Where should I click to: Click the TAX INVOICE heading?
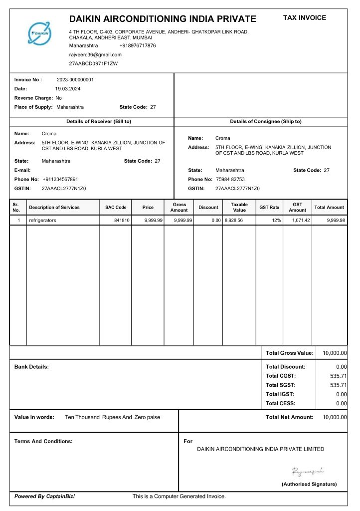click(x=305, y=17)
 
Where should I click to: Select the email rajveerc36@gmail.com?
click(x=95, y=54)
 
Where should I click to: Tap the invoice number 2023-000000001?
click(x=75, y=79)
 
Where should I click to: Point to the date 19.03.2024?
click(x=68, y=88)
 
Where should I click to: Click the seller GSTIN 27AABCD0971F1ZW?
click(x=93, y=63)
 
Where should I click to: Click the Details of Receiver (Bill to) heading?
click(x=99, y=121)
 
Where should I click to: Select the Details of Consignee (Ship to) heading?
click(x=266, y=121)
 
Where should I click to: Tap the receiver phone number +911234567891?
click(x=60, y=179)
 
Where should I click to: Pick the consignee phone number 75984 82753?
click(x=230, y=179)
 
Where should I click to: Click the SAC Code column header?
click(x=116, y=207)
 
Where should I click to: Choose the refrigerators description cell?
click(x=42, y=220)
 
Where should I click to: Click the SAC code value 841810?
click(x=122, y=220)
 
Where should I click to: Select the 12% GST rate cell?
click(x=276, y=220)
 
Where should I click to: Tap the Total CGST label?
click(x=281, y=376)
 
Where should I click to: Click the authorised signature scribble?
click(x=309, y=471)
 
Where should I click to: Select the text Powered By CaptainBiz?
click(x=45, y=496)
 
